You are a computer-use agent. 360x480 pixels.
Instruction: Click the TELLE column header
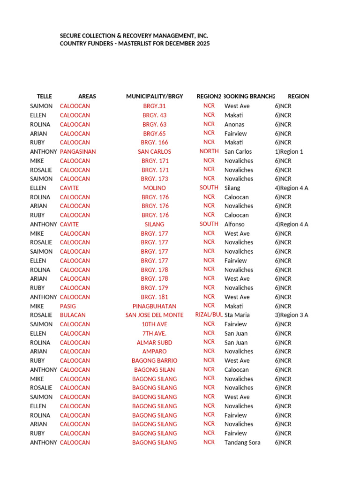point(44,97)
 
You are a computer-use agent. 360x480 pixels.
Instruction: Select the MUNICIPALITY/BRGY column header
point(154,97)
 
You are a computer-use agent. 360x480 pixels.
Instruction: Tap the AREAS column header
point(87,97)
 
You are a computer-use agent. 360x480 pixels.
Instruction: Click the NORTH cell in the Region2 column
point(209,151)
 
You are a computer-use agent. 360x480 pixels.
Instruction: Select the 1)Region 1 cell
point(289,151)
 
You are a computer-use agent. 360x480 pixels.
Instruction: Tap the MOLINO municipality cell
point(154,188)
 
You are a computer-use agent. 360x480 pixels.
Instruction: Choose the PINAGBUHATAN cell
point(154,306)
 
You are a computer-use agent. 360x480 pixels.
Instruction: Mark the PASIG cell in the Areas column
point(68,306)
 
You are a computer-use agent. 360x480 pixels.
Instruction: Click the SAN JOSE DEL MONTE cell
point(154,315)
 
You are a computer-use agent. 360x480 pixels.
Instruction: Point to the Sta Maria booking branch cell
point(237,315)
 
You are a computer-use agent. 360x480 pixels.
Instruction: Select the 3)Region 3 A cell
point(292,315)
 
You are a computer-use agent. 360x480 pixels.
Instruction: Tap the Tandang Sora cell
point(242,442)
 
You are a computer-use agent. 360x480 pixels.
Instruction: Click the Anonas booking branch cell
point(234,124)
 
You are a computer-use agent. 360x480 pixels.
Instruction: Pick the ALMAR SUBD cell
point(154,343)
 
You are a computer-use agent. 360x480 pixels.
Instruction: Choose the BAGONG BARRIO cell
point(154,360)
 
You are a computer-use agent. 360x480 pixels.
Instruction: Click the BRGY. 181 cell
point(154,297)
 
